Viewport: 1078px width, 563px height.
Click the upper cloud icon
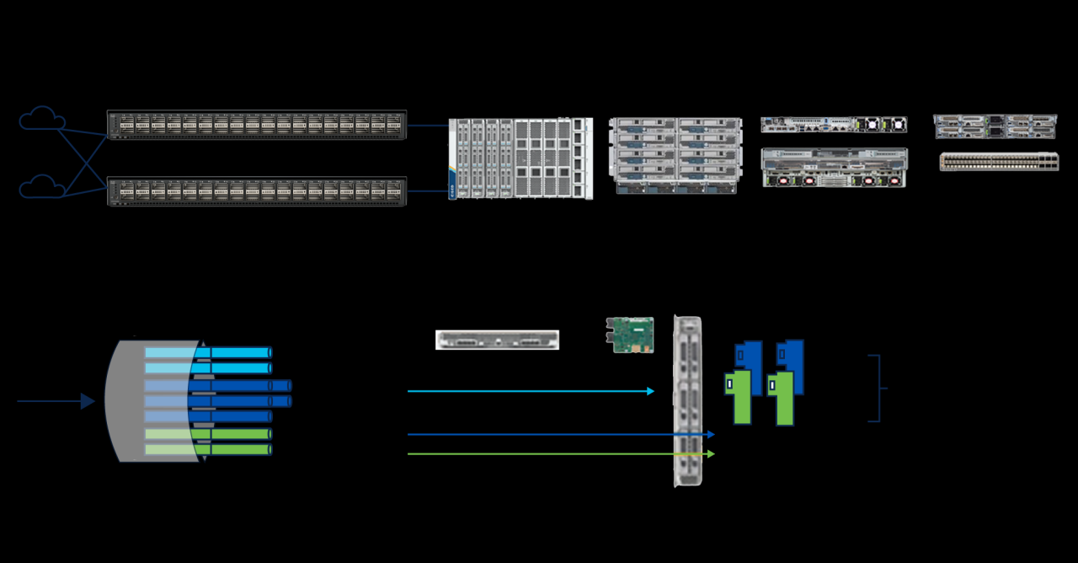(42, 119)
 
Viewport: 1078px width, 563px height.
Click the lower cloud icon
(42, 185)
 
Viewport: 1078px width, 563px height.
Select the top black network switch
(257, 125)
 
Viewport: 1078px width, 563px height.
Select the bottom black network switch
(257, 190)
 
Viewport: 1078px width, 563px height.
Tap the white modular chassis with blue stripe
(520, 158)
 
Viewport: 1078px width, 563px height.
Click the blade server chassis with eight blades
(675, 156)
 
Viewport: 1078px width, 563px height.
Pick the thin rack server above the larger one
(834, 125)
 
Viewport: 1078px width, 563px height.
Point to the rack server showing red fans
(834, 168)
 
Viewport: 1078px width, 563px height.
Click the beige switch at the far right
(999, 162)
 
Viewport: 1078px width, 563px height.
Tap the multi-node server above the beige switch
(995, 126)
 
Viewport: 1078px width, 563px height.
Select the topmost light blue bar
(208, 352)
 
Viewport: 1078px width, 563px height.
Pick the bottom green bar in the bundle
(208, 449)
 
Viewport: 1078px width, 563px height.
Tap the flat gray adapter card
(497, 340)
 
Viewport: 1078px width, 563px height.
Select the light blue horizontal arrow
(531, 391)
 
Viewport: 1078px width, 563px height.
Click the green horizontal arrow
(560, 454)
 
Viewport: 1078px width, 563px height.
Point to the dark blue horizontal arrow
(560, 435)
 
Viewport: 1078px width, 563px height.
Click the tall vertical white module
(688, 401)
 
